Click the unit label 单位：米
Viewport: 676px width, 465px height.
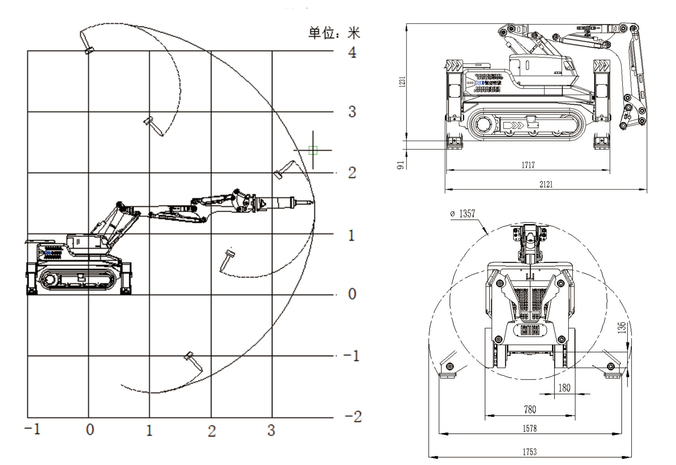[x=334, y=33]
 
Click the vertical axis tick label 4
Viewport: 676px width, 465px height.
[x=353, y=52]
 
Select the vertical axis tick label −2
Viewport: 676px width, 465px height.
[x=352, y=417]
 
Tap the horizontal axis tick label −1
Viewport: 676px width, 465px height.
[x=32, y=430]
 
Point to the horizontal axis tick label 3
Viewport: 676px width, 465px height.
[x=271, y=430]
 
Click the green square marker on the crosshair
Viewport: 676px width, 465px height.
[x=312, y=151]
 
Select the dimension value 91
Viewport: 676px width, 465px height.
[x=401, y=165]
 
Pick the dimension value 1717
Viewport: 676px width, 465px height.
[x=528, y=165]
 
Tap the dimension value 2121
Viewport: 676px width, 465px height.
[x=546, y=184]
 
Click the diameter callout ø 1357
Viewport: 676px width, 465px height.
[x=463, y=214]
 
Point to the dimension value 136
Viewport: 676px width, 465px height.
[x=623, y=327]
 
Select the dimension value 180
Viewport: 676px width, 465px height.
[x=564, y=387]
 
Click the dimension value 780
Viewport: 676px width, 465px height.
[x=530, y=409]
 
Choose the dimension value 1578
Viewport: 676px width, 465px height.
[x=530, y=428]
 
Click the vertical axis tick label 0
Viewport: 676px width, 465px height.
[x=352, y=294]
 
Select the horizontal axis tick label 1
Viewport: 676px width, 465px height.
[x=150, y=431]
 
